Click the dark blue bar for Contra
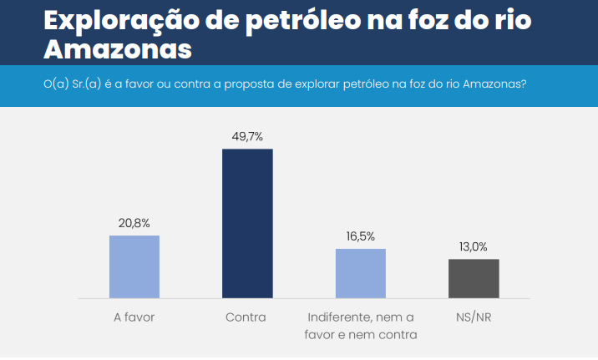(247, 223)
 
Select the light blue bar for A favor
(134, 266)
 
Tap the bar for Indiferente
(361, 273)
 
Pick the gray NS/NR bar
(474, 278)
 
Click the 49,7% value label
(247, 135)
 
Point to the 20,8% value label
(134, 223)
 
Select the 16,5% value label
(361, 236)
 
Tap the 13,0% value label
(474, 246)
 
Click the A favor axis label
(134, 317)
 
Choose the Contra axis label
(246, 317)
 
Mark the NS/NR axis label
(474, 317)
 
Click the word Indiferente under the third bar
(338, 317)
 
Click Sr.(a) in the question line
(89, 85)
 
